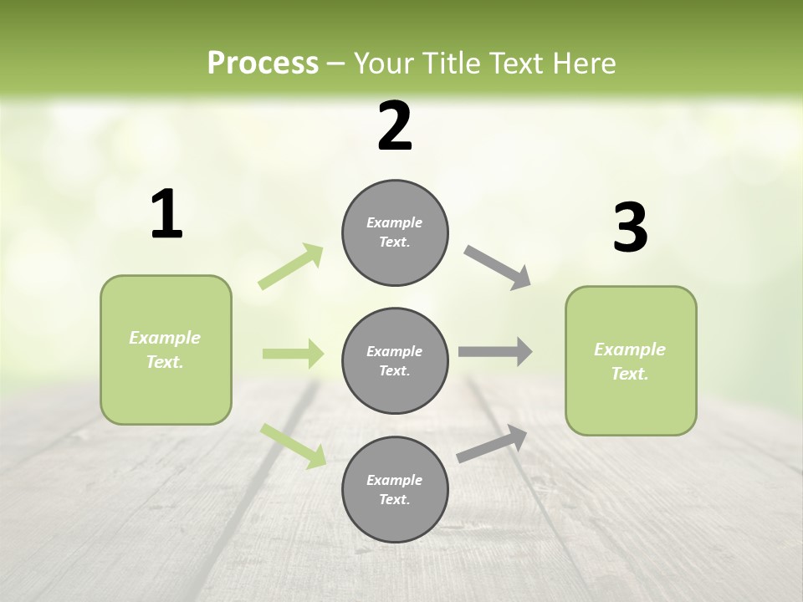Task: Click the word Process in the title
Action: [263, 63]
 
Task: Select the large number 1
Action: [166, 215]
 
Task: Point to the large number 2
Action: [395, 126]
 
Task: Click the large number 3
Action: [630, 228]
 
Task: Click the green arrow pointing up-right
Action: [291, 267]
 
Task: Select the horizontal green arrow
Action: [293, 354]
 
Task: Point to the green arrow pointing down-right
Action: [293, 445]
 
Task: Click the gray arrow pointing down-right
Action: [498, 268]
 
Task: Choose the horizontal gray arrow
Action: [495, 352]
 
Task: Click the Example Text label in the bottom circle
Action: [395, 490]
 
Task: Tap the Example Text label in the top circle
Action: [395, 232]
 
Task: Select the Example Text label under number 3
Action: [630, 361]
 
